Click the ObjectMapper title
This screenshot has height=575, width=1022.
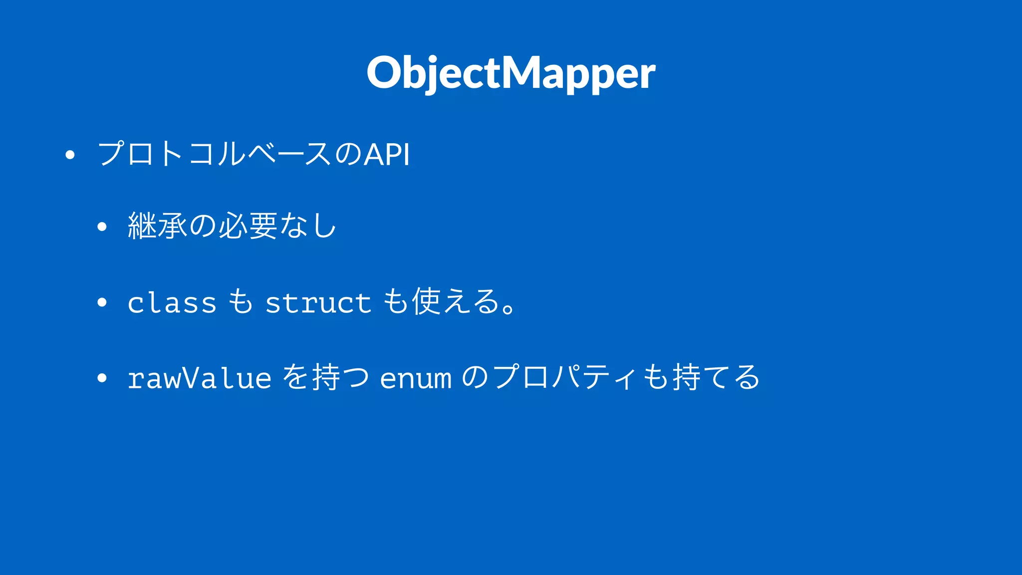[x=511, y=73]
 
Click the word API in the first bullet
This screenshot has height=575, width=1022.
[x=387, y=154]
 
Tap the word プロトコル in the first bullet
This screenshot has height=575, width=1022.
[x=172, y=153]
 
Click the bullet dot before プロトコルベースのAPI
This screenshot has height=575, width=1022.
[x=70, y=155]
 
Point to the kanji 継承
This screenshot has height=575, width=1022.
[x=158, y=226]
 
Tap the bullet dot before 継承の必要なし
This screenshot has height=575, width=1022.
[x=102, y=228]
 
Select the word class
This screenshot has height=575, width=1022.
[x=172, y=302]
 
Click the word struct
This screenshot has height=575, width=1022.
[x=318, y=302]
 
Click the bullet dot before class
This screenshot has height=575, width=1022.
[x=102, y=303]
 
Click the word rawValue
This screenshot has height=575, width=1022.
[x=199, y=378]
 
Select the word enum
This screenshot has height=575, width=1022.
[x=416, y=378]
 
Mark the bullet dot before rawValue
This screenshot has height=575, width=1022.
[x=102, y=378]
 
